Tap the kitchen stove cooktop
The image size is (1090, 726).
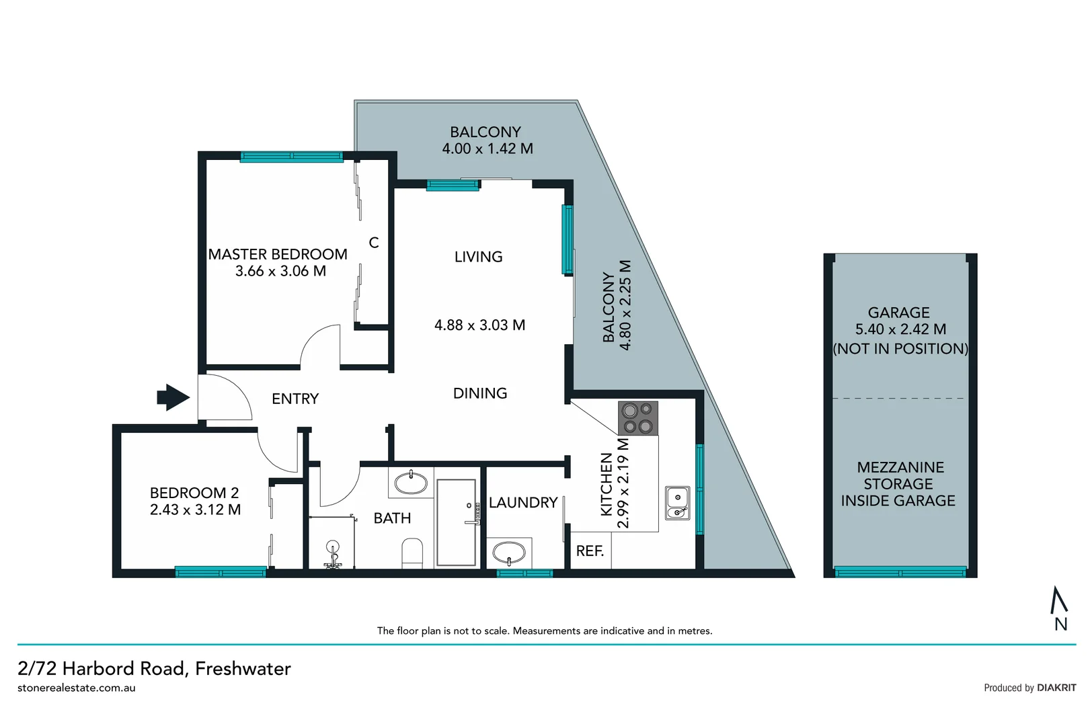637,418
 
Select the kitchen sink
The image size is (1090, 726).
677,503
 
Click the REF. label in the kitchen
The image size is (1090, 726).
590,551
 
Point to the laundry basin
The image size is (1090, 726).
509,553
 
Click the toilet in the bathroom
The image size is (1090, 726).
412,553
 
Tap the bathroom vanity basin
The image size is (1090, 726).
410,483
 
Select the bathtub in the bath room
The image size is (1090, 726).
456,522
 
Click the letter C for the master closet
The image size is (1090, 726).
374,243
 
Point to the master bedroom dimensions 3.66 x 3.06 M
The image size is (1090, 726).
280,271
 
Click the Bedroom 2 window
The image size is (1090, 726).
221,572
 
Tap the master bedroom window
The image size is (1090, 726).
292,157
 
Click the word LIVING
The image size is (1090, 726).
478,257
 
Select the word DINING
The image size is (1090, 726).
480,393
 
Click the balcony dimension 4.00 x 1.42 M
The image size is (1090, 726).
487,149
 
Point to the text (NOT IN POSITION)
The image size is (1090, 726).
900,348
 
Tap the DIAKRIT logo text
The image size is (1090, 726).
1056,688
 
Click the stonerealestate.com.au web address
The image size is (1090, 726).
77,688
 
